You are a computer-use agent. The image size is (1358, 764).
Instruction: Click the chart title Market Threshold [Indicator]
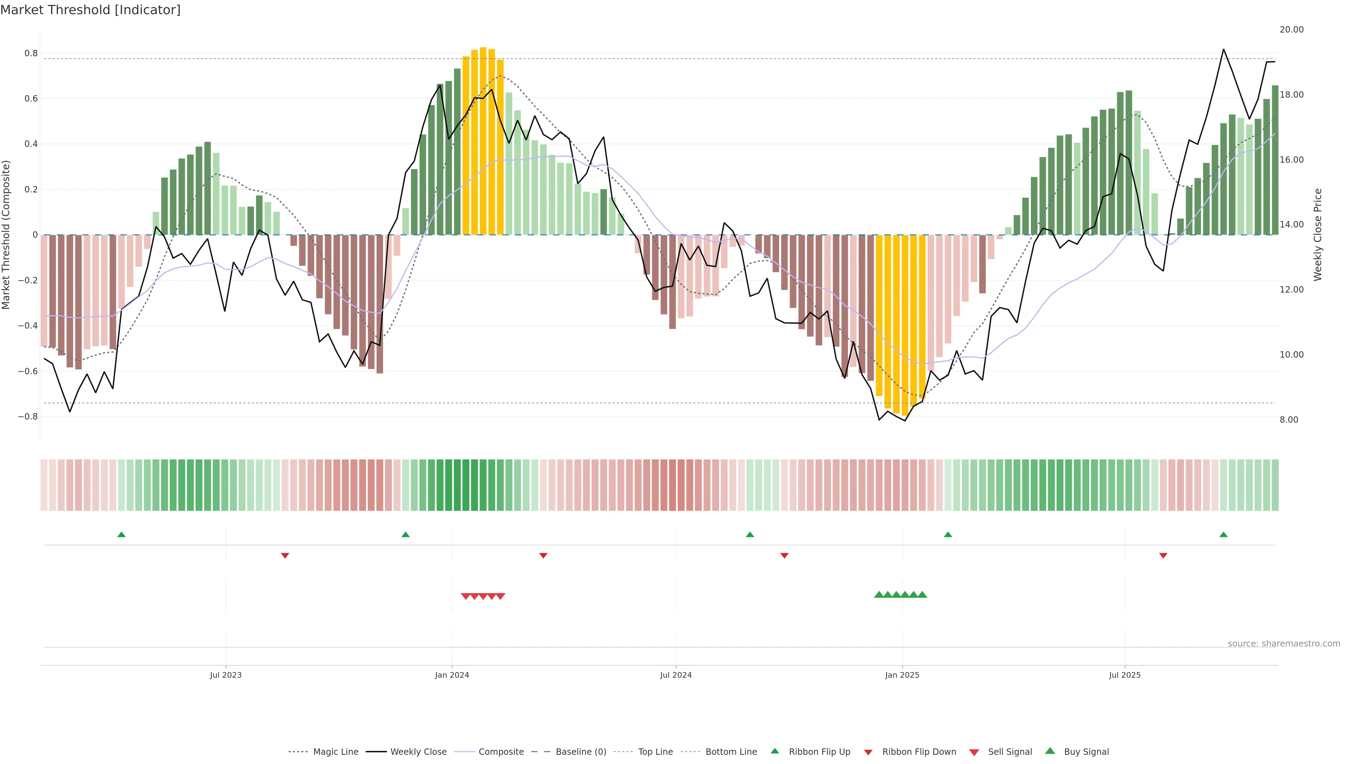pyautogui.click(x=90, y=10)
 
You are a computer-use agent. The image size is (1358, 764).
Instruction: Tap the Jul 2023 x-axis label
pyautogui.click(x=226, y=675)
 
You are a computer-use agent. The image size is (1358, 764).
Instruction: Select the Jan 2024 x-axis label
pyautogui.click(x=452, y=675)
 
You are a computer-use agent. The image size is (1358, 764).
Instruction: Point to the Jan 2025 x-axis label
pyautogui.click(x=902, y=675)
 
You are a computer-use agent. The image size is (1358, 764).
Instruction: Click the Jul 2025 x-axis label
pyautogui.click(x=1125, y=675)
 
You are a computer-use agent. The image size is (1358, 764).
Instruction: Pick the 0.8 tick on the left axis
pyautogui.click(x=31, y=53)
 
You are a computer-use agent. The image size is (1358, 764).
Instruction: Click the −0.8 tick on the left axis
pyautogui.click(x=28, y=417)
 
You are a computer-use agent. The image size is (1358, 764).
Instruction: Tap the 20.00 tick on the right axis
pyautogui.click(x=1291, y=29)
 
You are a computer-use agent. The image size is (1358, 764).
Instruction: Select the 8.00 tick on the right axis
pyautogui.click(x=1289, y=420)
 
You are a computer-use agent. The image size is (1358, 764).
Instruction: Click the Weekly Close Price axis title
pyautogui.click(x=1318, y=235)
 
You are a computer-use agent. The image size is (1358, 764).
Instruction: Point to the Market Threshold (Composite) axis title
pyautogui.click(x=6, y=235)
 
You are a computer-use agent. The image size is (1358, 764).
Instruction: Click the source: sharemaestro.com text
pyautogui.click(x=1284, y=644)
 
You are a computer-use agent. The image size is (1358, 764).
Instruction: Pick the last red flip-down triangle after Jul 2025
pyautogui.click(x=1163, y=556)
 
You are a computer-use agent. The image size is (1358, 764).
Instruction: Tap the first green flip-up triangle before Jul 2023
pyautogui.click(x=121, y=535)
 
